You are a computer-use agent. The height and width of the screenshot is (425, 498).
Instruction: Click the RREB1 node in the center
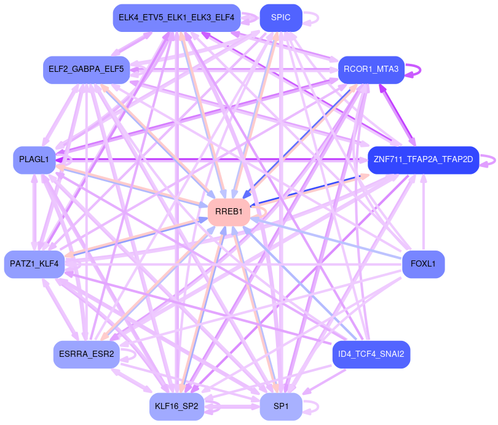(x=229, y=212)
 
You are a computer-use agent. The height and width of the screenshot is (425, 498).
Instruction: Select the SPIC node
(x=280, y=18)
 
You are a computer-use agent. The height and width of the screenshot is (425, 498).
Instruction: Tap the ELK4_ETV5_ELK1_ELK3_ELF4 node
(x=176, y=18)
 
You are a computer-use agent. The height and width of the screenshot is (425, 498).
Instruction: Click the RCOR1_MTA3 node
(x=371, y=69)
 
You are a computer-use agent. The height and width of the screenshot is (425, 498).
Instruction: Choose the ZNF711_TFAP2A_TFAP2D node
(x=423, y=160)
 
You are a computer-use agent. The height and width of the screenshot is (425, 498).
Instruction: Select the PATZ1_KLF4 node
(x=34, y=264)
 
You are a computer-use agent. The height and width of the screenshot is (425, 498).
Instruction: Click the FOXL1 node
(x=423, y=264)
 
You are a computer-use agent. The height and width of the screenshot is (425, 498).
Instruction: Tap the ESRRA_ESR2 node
(x=86, y=354)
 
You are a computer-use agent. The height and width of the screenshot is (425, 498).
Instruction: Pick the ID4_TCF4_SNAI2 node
(x=371, y=354)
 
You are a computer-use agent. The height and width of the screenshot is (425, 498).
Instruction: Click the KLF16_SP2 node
(x=176, y=407)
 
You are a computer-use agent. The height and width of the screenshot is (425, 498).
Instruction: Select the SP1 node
(x=280, y=407)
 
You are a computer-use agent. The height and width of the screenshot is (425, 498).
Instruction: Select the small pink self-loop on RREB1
(x=264, y=211)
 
